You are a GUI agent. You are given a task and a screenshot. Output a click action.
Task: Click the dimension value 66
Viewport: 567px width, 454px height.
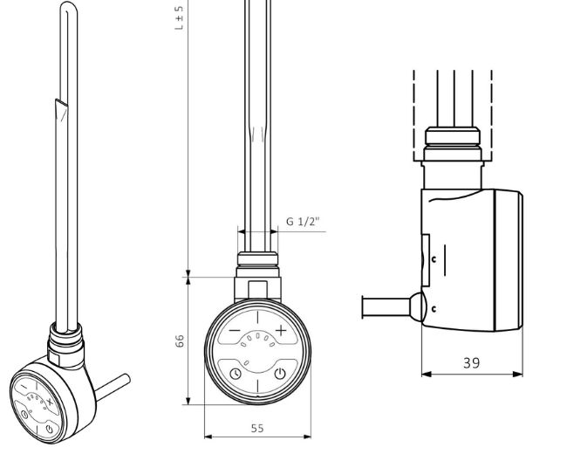click(x=181, y=341)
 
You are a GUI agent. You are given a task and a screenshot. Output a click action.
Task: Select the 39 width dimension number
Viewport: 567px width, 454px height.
click(x=472, y=361)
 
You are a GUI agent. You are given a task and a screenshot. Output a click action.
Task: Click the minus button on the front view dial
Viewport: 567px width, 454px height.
click(x=235, y=330)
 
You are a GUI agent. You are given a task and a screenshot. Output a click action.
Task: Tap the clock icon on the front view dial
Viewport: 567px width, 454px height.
click(x=236, y=375)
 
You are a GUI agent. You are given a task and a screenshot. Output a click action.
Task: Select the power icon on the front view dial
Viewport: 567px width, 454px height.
click(x=280, y=375)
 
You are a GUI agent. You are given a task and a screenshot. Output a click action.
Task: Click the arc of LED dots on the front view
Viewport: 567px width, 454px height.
click(x=257, y=340)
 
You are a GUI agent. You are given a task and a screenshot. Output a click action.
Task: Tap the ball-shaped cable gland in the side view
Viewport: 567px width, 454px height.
click(x=418, y=307)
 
